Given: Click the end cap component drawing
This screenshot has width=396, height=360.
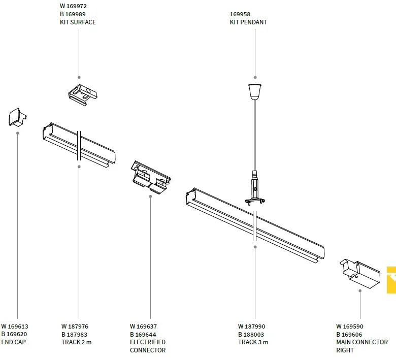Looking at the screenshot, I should [17, 117].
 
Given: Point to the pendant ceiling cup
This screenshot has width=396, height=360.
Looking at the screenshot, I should [255, 91].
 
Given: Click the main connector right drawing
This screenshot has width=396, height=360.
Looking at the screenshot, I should [359, 274].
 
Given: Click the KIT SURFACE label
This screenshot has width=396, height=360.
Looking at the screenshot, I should [78, 22].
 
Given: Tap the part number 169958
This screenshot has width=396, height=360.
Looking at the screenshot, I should [240, 14].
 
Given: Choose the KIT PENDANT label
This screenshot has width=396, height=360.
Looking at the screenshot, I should [248, 22].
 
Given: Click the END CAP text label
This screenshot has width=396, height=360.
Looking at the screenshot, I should [13, 342].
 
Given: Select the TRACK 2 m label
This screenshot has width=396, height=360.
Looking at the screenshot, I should [77, 342].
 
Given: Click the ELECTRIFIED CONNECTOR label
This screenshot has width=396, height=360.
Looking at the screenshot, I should [148, 346].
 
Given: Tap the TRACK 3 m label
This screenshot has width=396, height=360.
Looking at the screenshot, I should [253, 342].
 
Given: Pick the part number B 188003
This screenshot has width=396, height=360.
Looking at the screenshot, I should [251, 335].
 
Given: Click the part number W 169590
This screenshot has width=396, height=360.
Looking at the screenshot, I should [350, 326].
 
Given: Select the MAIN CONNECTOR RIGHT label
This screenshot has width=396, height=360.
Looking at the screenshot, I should [361, 346].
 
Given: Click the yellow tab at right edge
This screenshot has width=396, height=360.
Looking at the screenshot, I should [391, 280].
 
